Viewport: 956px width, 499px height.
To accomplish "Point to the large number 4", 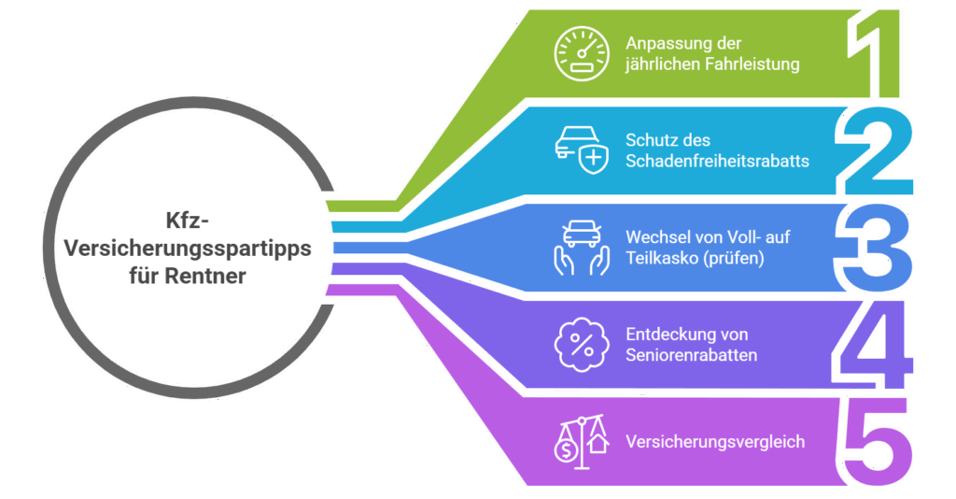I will pyautogui.click(x=873, y=344).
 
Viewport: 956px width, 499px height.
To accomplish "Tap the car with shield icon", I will pyautogui.click(x=579, y=150).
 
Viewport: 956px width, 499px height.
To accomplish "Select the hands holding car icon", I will pyautogui.click(x=579, y=247).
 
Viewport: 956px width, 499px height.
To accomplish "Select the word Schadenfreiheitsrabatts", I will pyautogui.click(x=717, y=161).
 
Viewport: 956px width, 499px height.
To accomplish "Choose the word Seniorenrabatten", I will pyautogui.click(x=691, y=355).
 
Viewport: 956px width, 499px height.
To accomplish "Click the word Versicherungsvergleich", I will pyautogui.click(x=715, y=441).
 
